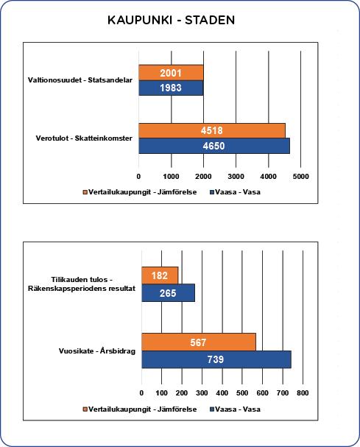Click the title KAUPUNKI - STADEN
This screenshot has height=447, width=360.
click(x=171, y=20)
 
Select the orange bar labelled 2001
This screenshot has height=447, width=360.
click(x=171, y=73)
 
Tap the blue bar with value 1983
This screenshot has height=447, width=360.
click(x=171, y=88)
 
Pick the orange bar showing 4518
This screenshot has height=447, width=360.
click(x=212, y=130)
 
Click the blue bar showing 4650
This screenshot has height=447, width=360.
click(x=214, y=146)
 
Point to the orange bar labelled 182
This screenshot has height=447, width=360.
click(x=160, y=275)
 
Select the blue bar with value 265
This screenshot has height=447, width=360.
click(x=168, y=293)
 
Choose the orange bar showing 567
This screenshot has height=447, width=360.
click(x=199, y=342)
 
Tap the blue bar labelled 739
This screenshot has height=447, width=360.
click(x=216, y=359)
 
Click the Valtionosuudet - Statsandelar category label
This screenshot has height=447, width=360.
click(x=80, y=80)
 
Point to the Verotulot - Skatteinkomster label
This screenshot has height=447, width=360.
click(x=84, y=138)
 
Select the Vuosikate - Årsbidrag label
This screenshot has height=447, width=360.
click(x=97, y=351)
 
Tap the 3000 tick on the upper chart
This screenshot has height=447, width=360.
click(x=236, y=177)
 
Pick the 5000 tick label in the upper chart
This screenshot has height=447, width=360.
click(x=300, y=177)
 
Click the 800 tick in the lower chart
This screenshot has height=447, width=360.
click(x=303, y=393)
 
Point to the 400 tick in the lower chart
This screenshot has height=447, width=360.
click(x=222, y=393)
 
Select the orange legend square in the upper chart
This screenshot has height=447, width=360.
click(x=85, y=192)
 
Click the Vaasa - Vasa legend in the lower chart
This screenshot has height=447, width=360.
click(x=235, y=409)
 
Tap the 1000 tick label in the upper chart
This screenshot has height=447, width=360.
click(x=171, y=177)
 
